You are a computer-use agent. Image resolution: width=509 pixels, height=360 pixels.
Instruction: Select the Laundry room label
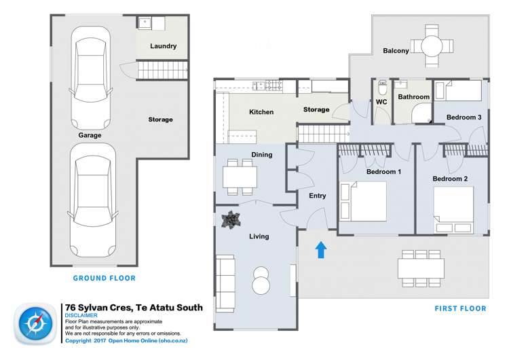163,46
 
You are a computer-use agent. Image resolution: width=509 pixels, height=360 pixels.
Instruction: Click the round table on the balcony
432,46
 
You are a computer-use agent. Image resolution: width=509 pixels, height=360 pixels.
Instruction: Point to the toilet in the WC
382,90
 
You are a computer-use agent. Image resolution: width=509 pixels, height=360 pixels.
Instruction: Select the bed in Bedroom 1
364,201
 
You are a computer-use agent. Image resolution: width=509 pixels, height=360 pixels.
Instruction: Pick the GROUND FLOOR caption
105,278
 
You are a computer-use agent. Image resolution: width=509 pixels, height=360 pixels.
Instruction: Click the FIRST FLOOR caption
460,308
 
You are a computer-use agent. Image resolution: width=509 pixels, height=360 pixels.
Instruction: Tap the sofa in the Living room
225,276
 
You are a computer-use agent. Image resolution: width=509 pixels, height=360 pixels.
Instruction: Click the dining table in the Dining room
240,177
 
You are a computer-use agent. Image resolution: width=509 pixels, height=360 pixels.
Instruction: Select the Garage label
90,135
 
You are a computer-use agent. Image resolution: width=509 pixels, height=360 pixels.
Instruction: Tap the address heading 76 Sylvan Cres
132,307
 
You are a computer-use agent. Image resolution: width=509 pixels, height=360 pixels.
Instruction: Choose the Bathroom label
413,97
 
